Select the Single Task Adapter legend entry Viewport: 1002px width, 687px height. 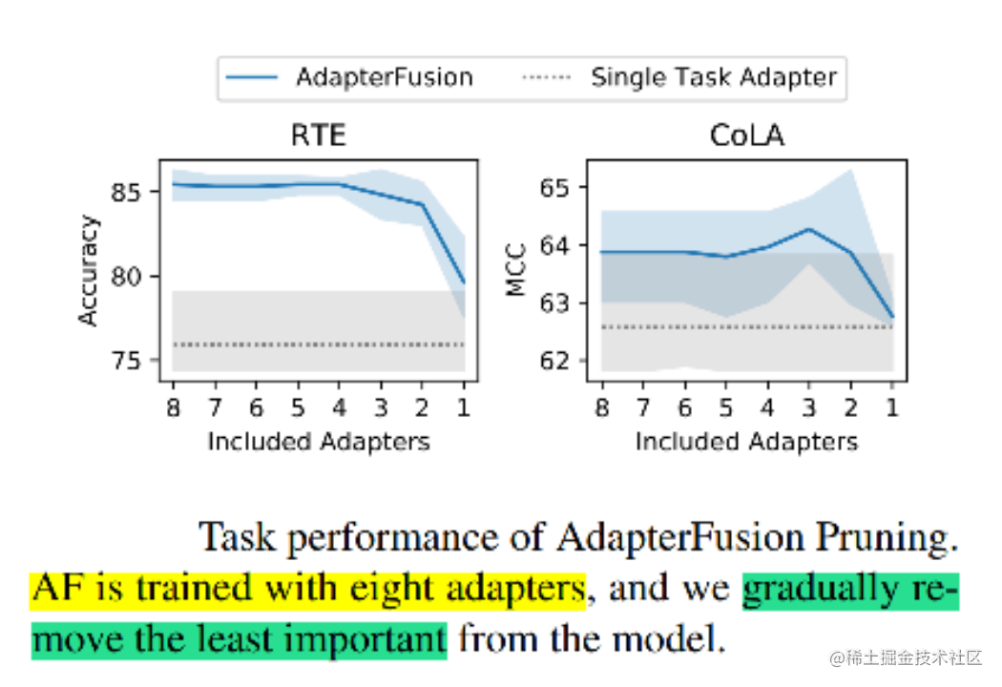point(713,77)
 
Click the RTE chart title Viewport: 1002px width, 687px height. point(318,136)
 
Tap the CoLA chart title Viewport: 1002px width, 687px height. point(747,136)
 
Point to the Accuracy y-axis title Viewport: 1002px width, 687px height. point(89,271)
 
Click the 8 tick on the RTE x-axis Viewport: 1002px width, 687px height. point(173,408)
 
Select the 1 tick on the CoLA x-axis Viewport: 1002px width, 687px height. point(893,408)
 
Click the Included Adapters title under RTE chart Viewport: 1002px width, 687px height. point(319,442)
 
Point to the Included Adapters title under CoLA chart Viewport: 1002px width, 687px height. point(747,442)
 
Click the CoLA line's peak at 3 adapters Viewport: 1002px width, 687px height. point(809,229)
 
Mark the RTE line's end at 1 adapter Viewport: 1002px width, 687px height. point(464,282)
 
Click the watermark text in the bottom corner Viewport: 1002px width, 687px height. point(905,657)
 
